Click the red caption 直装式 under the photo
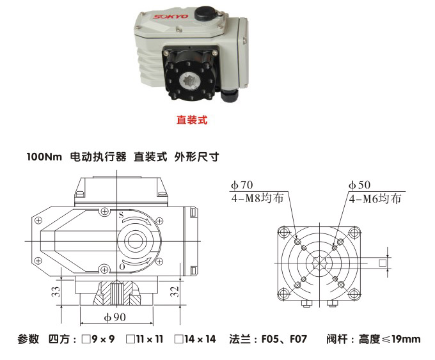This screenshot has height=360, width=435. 192,119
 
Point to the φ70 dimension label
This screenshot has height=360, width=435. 242,185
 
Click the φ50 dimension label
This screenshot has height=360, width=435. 359,185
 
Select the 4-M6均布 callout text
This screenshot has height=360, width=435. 375,198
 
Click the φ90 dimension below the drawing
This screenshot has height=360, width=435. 116,317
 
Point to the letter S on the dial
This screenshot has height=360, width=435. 120,215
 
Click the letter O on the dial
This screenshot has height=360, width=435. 122,265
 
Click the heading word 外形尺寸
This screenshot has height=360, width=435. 197,157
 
